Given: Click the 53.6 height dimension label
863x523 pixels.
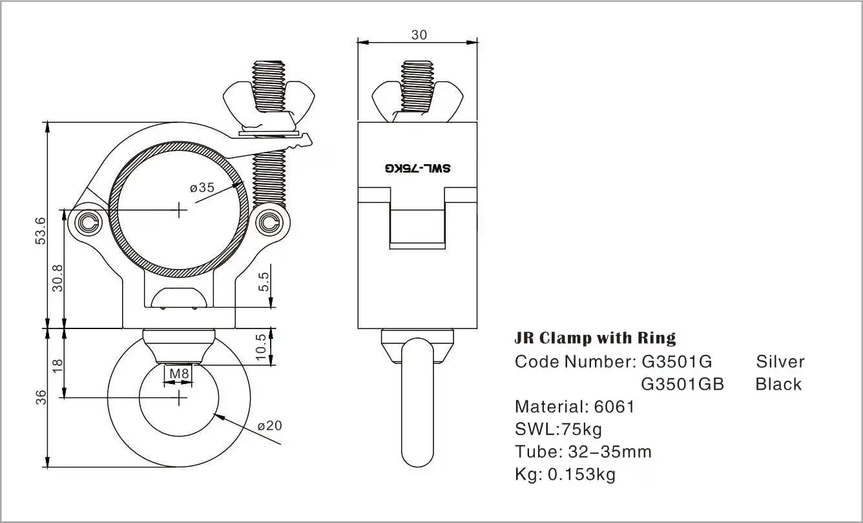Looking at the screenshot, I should pyautogui.click(x=40, y=230).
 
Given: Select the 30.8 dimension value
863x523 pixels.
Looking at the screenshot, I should pyautogui.click(x=57, y=277).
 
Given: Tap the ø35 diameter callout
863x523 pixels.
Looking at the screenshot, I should pyautogui.click(x=202, y=188).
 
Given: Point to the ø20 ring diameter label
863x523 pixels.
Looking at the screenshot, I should pyautogui.click(x=269, y=425).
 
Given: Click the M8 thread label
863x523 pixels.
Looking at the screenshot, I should pyautogui.click(x=178, y=373).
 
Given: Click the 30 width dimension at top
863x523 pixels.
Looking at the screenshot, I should pyautogui.click(x=419, y=35).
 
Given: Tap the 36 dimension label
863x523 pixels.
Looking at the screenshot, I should pyautogui.click(x=40, y=396).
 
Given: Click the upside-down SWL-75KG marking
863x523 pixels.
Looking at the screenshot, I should pyautogui.click(x=418, y=169).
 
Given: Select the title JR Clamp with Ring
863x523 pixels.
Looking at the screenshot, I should pyautogui.click(x=595, y=338).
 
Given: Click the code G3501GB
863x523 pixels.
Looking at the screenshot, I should pyautogui.click(x=682, y=384).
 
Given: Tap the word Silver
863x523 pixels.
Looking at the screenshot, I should pyautogui.click(x=780, y=361).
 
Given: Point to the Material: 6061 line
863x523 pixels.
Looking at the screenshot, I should pyautogui.click(x=574, y=407).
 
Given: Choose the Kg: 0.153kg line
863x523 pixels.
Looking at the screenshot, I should pyautogui.click(x=565, y=475).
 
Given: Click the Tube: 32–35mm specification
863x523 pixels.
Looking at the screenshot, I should pyautogui.click(x=583, y=452).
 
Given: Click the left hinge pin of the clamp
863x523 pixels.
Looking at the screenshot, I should pyautogui.click(x=88, y=224).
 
